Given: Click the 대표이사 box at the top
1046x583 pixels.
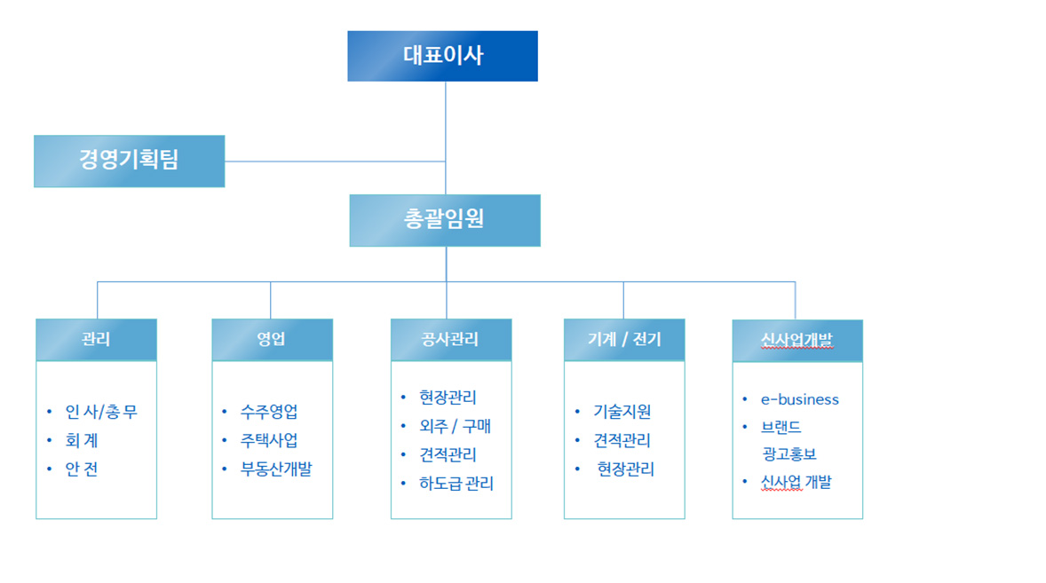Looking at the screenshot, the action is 442,56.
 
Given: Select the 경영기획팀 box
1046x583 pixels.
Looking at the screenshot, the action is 130,162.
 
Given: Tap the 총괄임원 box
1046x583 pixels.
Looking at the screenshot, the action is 445,221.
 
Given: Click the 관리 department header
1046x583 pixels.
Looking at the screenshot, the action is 96,340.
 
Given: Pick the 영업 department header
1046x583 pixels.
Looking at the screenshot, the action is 273,340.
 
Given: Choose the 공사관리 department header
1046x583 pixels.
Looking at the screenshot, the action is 451,340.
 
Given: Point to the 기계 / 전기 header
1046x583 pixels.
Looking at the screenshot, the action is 624,340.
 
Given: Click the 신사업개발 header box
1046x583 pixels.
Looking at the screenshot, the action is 797,341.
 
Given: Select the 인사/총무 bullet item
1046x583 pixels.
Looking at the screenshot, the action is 101,412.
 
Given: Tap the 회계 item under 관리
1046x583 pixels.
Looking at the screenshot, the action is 82,440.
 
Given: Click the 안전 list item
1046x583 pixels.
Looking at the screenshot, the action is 82,469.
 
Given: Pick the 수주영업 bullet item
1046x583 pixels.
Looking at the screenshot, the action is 269,412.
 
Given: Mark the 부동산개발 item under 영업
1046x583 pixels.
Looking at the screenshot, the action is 276,469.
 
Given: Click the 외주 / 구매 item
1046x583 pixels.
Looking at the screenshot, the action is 455,427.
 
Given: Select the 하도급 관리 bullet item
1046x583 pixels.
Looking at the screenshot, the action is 456,484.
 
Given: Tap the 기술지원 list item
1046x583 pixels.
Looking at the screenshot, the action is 622,412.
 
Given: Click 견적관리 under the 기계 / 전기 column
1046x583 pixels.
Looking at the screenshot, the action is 622,440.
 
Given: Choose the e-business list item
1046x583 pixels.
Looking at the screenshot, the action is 800,400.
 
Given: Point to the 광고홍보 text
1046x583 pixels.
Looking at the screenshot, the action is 789,454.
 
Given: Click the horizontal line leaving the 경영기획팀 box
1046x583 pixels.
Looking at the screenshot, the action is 335,162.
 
